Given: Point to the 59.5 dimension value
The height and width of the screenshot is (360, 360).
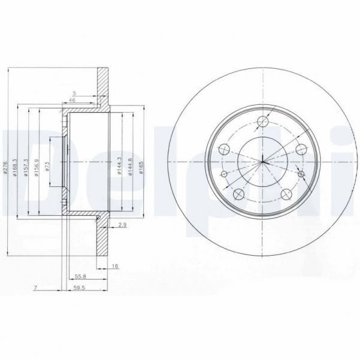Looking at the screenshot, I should point(78,288).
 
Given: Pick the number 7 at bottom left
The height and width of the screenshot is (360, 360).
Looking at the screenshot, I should point(36,288).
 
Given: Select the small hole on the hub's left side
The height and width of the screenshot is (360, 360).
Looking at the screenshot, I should point(224,174).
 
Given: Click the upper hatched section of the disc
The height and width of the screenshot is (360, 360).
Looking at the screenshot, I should point(104,87).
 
